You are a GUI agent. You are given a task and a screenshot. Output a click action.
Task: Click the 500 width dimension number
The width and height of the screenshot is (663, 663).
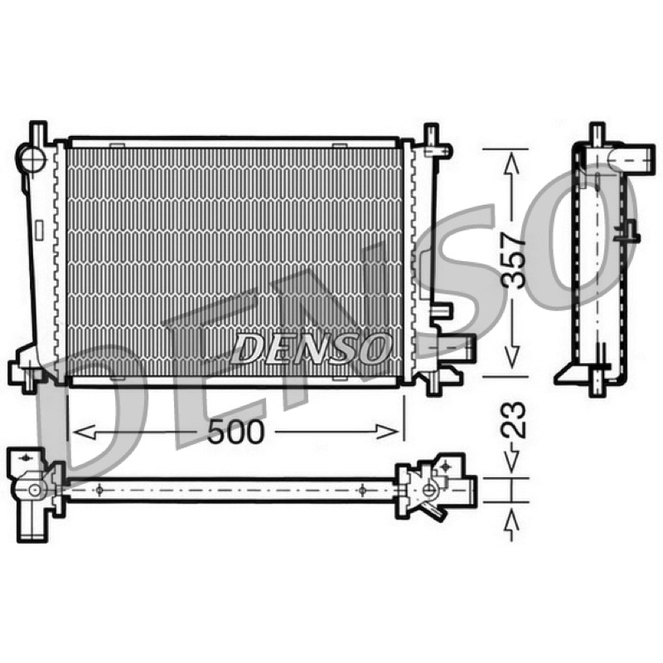[235, 432]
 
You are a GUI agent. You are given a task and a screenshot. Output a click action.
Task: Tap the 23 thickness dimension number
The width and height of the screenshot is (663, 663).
[513, 420]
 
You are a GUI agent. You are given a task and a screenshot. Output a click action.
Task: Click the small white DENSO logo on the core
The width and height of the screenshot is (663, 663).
[311, 348]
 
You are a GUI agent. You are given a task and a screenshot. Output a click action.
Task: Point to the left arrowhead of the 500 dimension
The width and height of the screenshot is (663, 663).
[84, 432]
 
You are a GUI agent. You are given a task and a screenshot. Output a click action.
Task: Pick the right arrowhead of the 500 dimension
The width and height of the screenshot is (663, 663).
[387, 432]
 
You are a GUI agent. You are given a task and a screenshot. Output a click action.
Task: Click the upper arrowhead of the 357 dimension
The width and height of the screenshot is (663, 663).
[511, 165]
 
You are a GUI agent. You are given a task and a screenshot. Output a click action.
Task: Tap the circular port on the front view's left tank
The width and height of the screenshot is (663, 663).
[31, 158]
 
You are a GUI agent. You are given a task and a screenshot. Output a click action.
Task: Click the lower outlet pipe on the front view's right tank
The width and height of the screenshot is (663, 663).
[457, 346]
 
